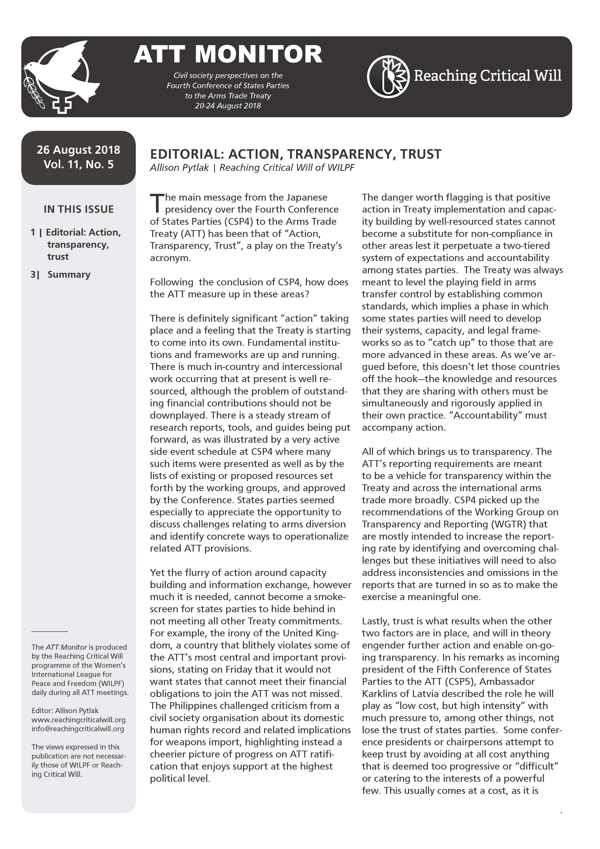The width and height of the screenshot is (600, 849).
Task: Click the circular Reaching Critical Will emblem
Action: point(388,77)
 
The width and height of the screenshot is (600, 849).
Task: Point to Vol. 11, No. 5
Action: point(78,165)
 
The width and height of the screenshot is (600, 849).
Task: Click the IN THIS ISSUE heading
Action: point(78,209)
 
